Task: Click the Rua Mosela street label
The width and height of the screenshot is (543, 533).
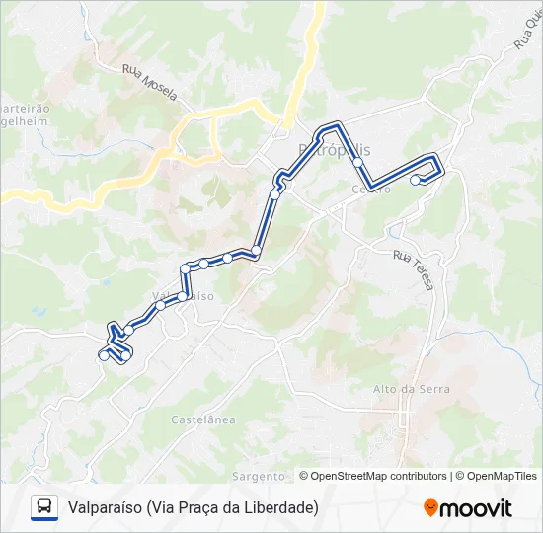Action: (150, 84)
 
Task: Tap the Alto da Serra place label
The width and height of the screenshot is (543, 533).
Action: (412, 389)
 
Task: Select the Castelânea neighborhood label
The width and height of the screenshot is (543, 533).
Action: (203, 419)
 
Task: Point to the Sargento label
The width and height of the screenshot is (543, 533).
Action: (259, 476)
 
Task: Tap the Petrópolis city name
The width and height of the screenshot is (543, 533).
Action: (334, 150)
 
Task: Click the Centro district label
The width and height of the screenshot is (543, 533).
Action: (371, 189)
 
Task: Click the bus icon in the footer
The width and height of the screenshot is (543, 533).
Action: (44, 507)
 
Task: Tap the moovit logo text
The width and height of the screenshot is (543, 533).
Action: (476, 508)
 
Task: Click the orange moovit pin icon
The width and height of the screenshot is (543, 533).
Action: (430, 508)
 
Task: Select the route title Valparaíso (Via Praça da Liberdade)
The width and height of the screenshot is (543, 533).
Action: (194, 507)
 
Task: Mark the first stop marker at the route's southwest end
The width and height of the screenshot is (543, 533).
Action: (104, 356)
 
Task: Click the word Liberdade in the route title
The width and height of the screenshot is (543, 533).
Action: (282, 507)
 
